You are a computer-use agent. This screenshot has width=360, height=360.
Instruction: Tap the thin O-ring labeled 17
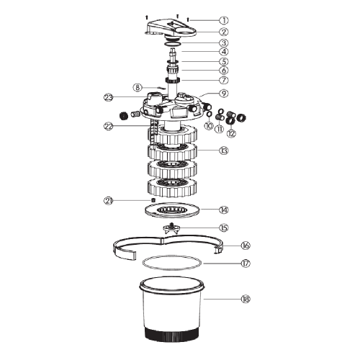[x=172, y=264]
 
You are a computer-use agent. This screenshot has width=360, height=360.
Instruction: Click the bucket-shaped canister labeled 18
[x=171, y=313]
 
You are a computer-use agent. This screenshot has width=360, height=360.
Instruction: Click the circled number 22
[x=109, y=126]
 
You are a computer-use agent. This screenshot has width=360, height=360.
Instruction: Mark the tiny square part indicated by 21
[x=153, y=200]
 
